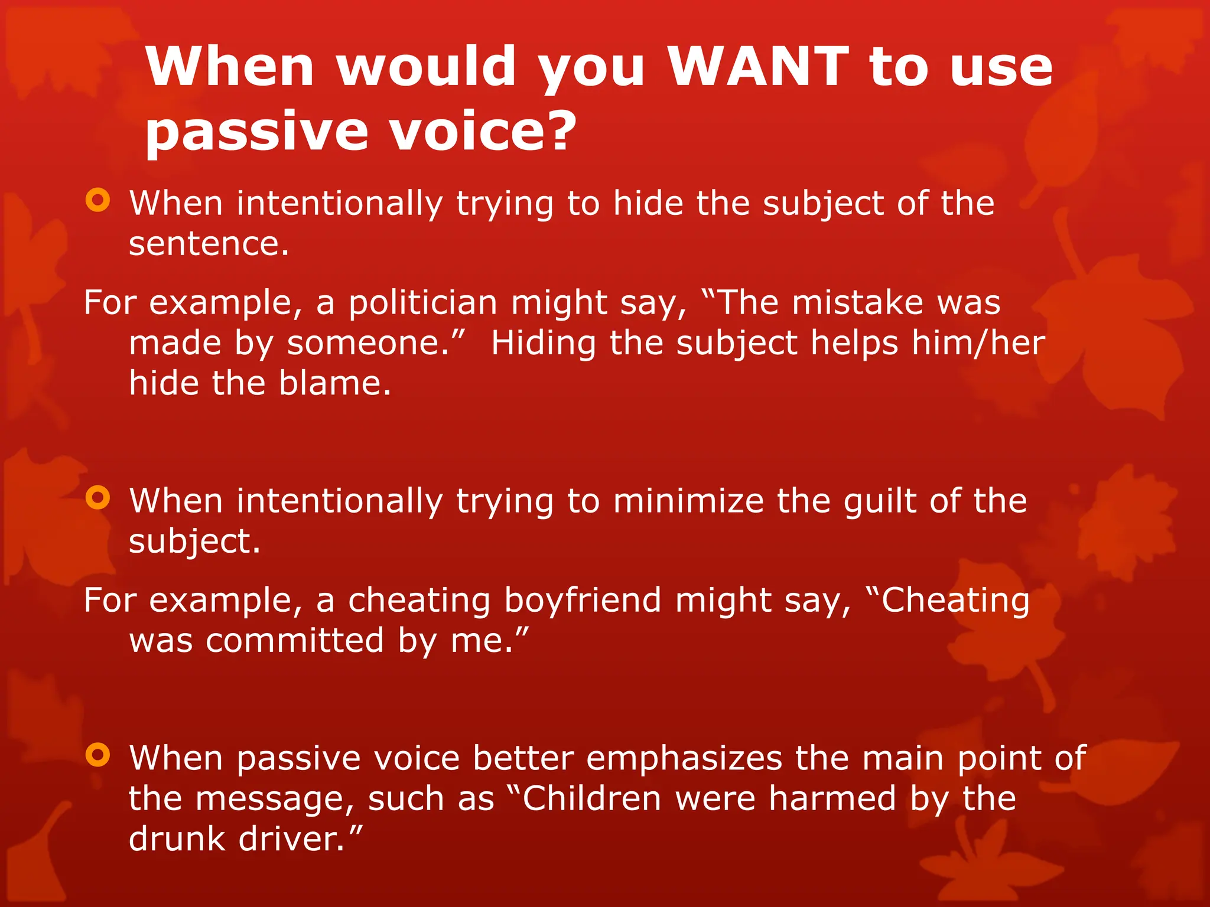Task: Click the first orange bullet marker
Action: click(x=97, y=200)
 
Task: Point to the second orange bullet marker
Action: click(x=97, y=498)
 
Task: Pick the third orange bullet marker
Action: click(x=97, y=755)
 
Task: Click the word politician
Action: click(x=422, y=304)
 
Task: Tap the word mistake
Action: click(x=857, y=302)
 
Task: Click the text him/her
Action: click(x=978, y=342)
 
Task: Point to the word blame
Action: click(x=334, y=383)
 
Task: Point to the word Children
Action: click(x=591, y=799)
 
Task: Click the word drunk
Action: click(x=177, y=839)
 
